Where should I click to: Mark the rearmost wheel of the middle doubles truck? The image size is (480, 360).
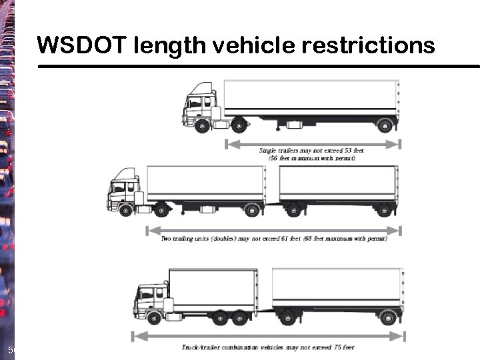coord(383,211)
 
